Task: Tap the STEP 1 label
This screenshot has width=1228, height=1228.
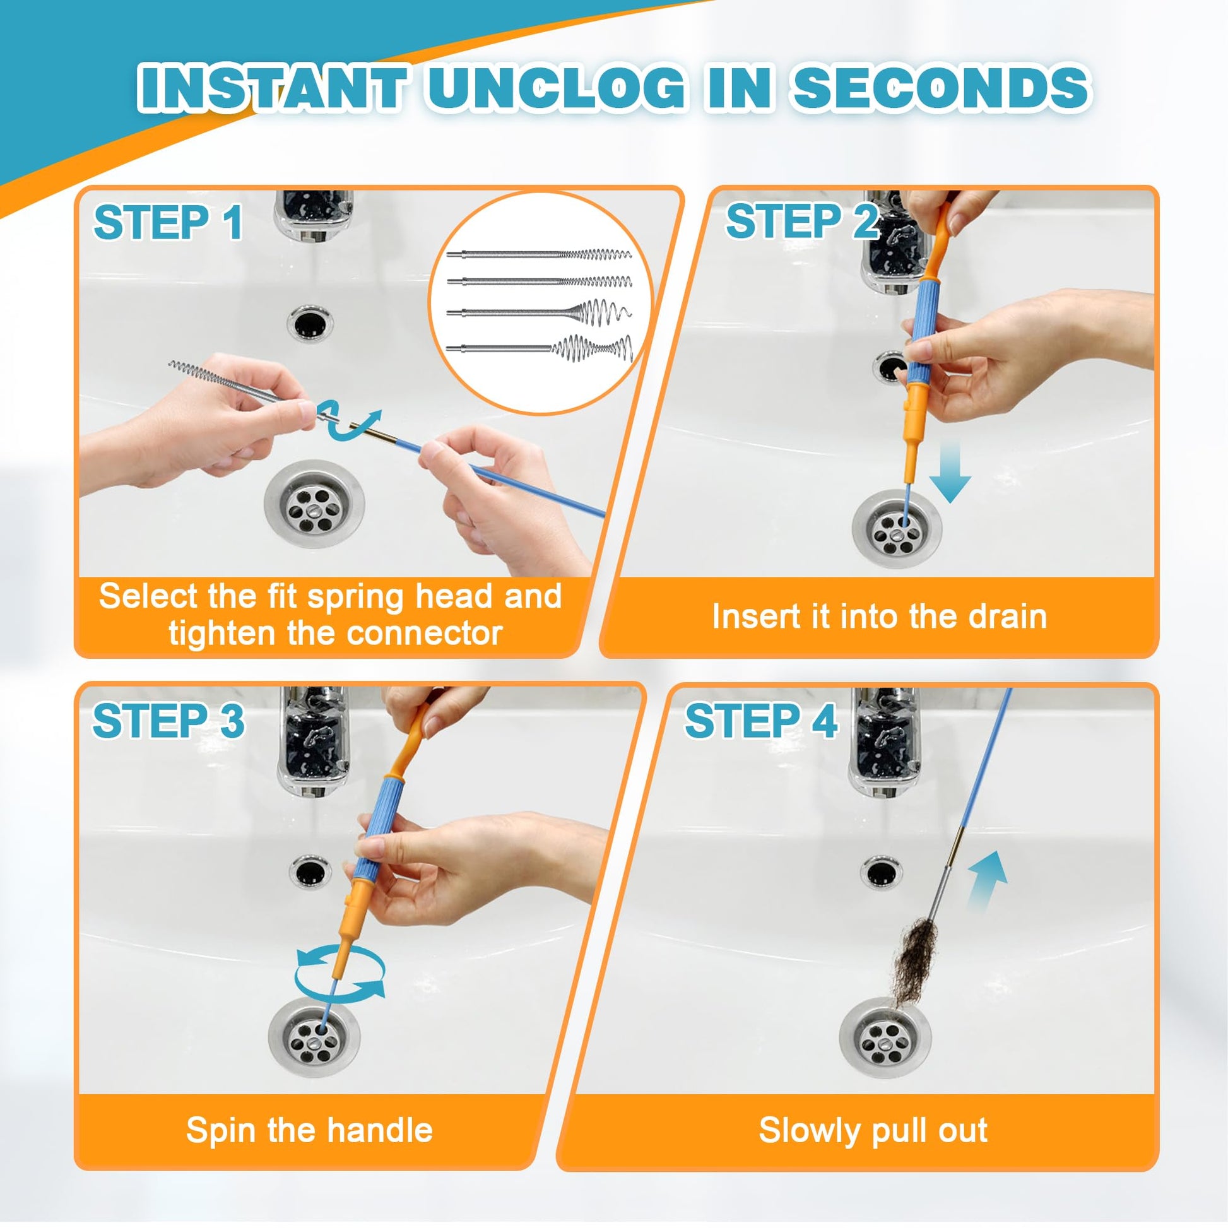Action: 168,223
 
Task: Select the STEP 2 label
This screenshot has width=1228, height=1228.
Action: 802,221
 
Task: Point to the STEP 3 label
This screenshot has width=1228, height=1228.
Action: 168,721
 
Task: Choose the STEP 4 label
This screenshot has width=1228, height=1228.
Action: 761,721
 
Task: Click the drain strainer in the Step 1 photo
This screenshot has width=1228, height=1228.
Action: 314,504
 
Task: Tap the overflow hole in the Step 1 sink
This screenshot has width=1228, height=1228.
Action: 310,322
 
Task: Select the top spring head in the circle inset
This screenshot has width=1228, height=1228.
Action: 539,255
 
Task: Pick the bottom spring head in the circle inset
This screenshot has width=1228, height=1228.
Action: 540,348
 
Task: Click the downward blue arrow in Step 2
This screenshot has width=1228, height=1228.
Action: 950,472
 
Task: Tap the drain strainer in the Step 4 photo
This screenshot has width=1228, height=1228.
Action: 885,1037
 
